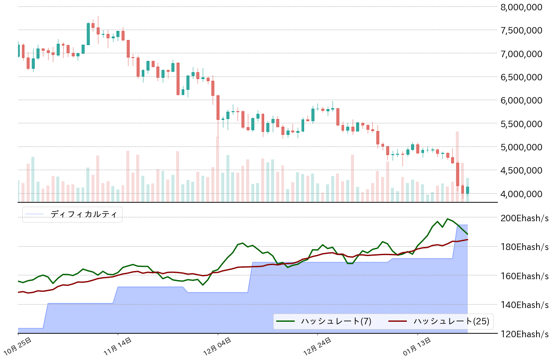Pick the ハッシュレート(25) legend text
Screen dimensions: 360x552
coord(451,321)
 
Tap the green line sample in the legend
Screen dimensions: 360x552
coord(285,321)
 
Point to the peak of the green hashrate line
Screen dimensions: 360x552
coord(448,219)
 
